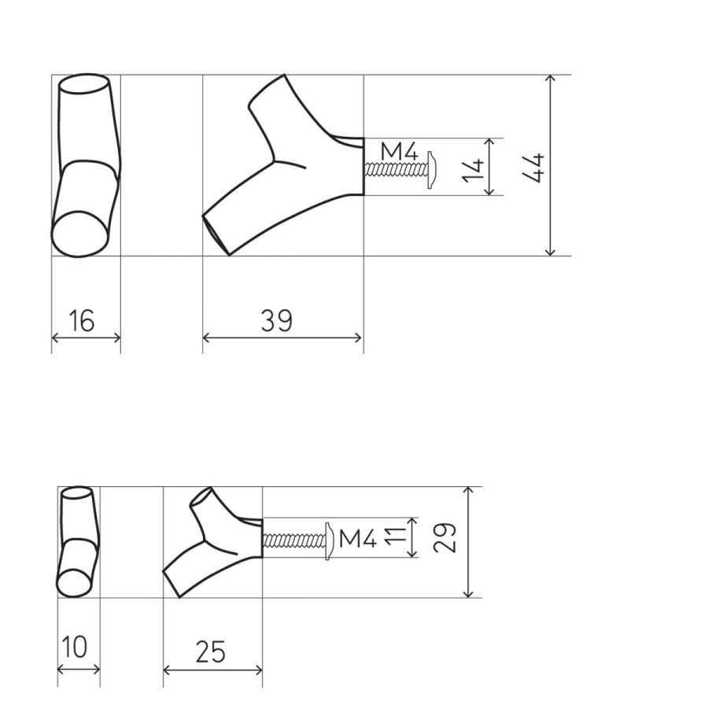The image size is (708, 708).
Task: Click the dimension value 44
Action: coord(533,168)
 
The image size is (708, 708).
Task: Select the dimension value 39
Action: coord(277,321)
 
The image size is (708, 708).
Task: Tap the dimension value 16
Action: coord(81,321)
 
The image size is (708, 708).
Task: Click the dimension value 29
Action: coord(444,538)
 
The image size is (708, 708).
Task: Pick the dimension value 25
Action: coord(210,651)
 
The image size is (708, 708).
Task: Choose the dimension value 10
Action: coord(74,647)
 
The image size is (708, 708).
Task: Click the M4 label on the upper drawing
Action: coord(400,151)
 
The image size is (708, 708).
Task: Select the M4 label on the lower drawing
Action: coord(358,538)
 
